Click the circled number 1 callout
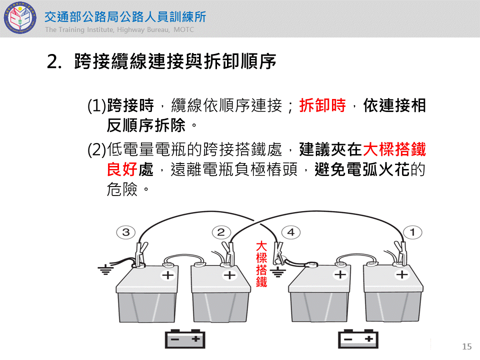(x=412, y=232)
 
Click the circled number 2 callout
(x=221, y=232)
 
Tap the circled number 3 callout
(x=126, y=232)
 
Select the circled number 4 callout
(x=291, y=232)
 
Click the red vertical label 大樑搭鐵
(x=261, y=264)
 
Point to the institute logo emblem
(x=20, y=18)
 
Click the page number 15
(x=467, y=346)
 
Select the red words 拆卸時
(x=322, y=105)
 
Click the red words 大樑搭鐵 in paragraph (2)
(x=394, y=149)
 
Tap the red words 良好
(x=122, y=169)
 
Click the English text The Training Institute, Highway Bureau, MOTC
(x=119, y=29)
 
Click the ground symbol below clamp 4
(x=278, y=272)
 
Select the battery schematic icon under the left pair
(x=185, y=339)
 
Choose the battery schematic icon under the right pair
(x=358, y=339)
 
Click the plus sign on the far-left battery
(x=168, y=275)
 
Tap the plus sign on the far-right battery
(x=402, y=274)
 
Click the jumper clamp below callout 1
(x=401, y=253)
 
